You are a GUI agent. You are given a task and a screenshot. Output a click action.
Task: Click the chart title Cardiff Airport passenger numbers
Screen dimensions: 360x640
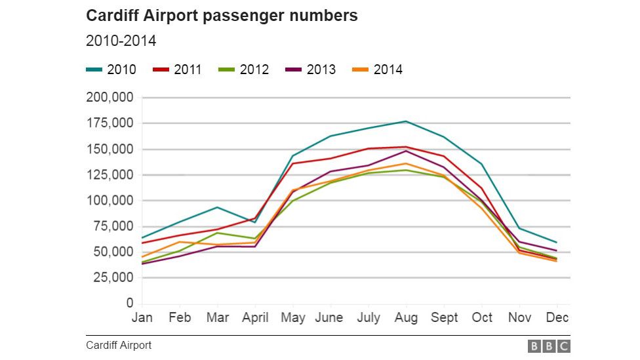(x=222, y=16)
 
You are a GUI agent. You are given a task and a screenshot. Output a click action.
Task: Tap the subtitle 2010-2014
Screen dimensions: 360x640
(x=121, y=41)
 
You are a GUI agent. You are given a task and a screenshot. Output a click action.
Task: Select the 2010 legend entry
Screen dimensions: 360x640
(x=111, y=70)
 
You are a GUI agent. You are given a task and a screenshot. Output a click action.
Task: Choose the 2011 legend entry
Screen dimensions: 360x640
(x=177, y=70)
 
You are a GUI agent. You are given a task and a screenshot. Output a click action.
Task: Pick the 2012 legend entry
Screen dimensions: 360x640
(x=244, y=70)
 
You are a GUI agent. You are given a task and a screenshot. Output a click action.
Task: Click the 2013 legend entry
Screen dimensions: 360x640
(x=311, y=70)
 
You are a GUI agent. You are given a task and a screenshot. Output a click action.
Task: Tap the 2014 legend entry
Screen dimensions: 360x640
(x=378, y=70)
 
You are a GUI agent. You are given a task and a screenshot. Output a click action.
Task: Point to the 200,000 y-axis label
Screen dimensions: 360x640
(x=110, y=98)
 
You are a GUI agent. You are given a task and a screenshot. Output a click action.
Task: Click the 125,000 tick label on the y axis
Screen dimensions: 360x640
(x=110, y=175)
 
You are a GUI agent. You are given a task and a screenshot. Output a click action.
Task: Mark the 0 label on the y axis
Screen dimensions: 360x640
(x=130, y=304)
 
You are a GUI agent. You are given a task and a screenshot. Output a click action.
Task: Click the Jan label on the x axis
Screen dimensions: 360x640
(x=142, y=318)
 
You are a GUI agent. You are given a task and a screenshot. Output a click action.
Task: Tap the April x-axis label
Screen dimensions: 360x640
(x=255, y=318)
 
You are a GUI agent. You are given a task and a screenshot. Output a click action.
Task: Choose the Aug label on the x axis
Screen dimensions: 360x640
(x=406, y=318)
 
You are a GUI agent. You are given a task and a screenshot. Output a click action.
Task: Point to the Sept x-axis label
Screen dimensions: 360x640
(x=444, y=318)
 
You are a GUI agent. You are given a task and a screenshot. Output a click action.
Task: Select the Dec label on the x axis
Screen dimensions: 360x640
(x=557, y=318)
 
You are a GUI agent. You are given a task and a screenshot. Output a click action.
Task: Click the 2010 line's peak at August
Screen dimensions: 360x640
(x=406, y=121)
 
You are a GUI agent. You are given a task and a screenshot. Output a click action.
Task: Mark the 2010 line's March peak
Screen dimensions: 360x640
(x=217, y=207)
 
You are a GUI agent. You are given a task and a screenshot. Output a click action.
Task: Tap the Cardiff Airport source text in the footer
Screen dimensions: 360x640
(x=118, y=345)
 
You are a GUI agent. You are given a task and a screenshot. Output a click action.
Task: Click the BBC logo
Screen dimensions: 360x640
(x=549, y=346)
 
